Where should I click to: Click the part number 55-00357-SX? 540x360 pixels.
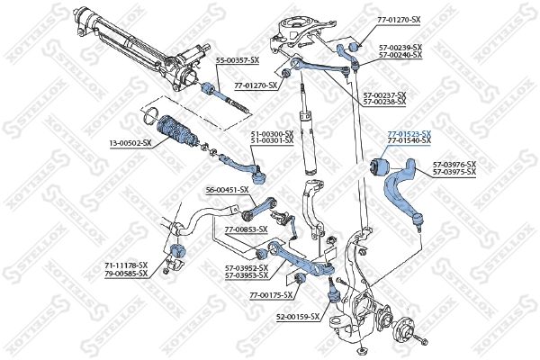(238, 60)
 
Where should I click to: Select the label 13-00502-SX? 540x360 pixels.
(130, 143)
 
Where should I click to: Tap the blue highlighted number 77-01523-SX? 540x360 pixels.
(409, 134)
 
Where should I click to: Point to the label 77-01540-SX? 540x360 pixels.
(409, 142)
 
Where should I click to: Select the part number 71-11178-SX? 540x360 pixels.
(126, 264)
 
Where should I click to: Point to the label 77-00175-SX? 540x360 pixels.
(272, 294)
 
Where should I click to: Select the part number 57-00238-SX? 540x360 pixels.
(384, 102)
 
